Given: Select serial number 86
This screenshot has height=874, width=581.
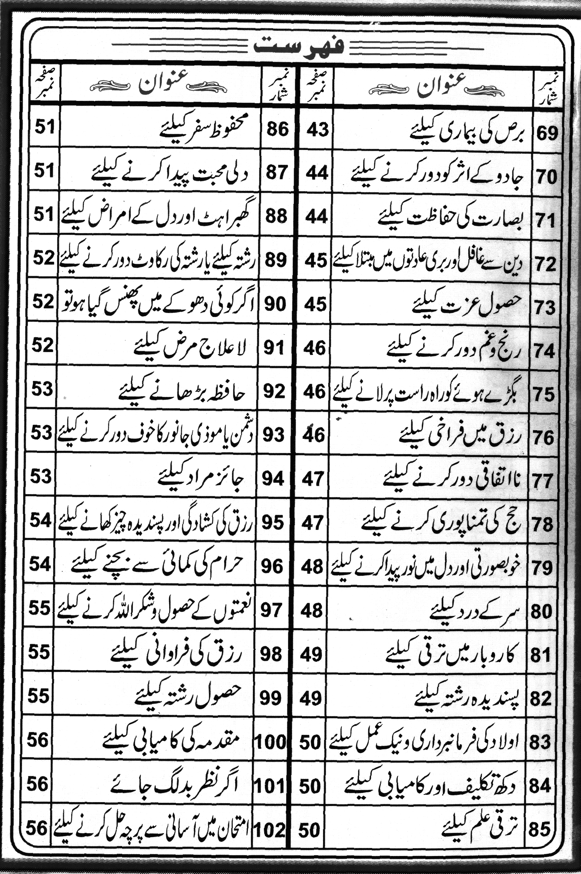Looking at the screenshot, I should point(278,129).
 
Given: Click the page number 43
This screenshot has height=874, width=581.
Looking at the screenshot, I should point(318,130).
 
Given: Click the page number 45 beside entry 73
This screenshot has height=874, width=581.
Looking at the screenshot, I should point(316,304).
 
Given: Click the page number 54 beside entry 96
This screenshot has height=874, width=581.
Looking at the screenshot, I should point(40,565).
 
